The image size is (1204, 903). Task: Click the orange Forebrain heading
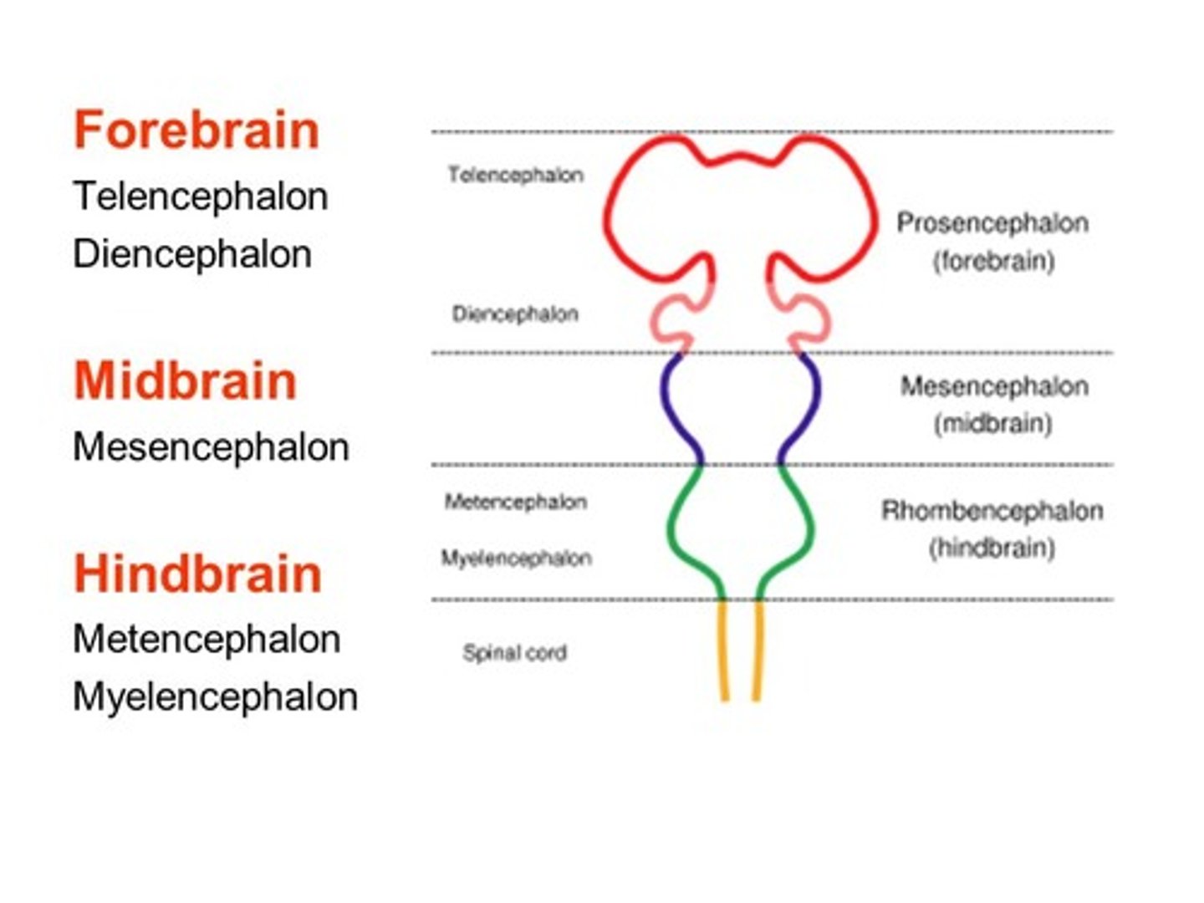[x=196, y=131]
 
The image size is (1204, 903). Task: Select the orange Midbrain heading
[x=185, y=381]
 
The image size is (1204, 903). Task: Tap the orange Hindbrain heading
[x=197, y=574]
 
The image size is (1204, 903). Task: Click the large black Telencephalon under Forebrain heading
[x=200, y=197]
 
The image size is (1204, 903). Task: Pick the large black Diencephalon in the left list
[x=192, y=254]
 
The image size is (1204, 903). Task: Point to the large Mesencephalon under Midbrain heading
[x=211, y=447]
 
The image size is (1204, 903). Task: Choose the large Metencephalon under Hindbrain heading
[x=207, y=640]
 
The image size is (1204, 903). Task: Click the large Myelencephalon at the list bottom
[x=215, y=697]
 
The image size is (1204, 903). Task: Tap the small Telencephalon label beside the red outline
[x=515, y=175]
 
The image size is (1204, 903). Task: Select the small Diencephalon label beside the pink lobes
[x=515, y=314]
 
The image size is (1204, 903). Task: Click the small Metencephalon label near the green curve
[x=515, y=502]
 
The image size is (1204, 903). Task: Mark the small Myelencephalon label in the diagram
[x=516, y=558]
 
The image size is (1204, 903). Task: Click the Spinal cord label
[x=514, y=653]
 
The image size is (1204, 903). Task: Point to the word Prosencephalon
[x=992, y=223]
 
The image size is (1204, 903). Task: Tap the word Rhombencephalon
[x=992, y=511]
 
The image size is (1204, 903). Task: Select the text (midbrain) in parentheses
[x=992, y=424]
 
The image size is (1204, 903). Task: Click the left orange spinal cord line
[x=723, y=652]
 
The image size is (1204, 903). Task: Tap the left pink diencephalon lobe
[x=670, y=322]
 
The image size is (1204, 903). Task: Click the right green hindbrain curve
[x=804, y=527]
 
